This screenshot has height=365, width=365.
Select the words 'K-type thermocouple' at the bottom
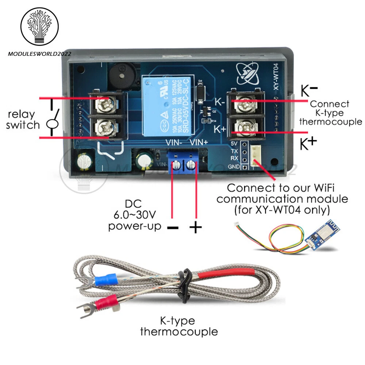click(179, 326)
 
